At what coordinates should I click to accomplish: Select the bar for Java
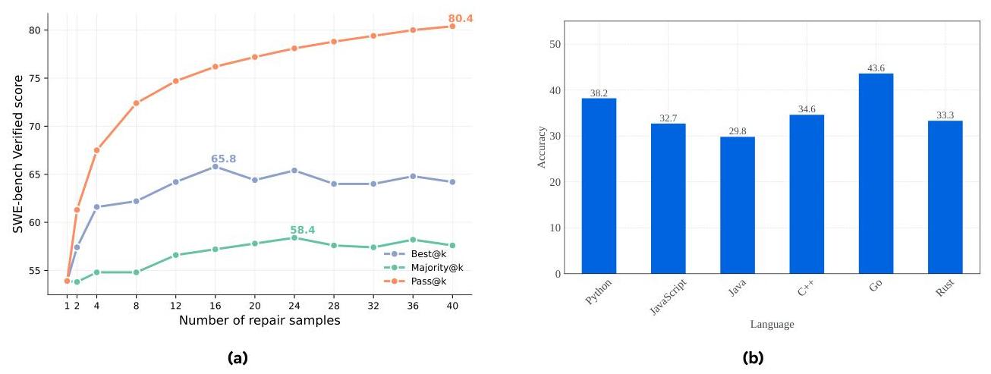(737, 205)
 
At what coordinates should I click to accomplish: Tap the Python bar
(599, 186)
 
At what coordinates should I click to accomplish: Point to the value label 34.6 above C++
(807, 110)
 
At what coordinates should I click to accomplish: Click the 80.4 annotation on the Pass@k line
(460, 17)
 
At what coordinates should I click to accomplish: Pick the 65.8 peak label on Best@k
(223, 159)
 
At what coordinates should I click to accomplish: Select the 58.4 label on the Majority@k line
(302, 230)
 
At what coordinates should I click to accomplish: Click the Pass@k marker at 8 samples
(136, 103)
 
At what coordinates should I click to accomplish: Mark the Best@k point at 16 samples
(215, 166)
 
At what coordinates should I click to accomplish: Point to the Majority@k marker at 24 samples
(294, 237)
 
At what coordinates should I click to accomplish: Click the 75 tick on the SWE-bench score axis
(37, 78)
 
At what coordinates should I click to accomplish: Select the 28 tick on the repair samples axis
(333, 306)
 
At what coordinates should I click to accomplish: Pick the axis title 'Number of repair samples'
(260, 321)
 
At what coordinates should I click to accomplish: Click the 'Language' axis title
(772, 325)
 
